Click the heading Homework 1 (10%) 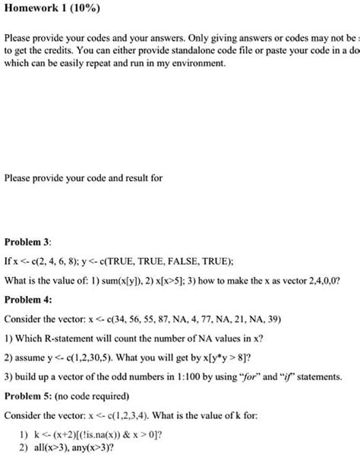tap(47, 10)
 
